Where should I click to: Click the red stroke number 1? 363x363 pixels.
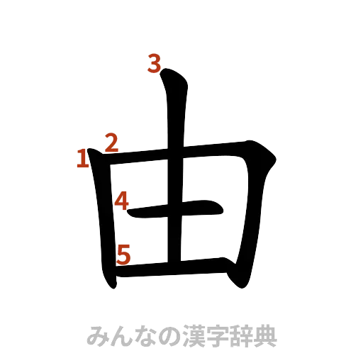coord(83,158)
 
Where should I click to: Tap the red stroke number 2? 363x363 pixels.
coord(110,143)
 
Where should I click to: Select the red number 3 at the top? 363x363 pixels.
coord(155,65)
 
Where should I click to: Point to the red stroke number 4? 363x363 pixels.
coord(122,201)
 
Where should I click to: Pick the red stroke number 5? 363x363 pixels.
coord(124,253)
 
